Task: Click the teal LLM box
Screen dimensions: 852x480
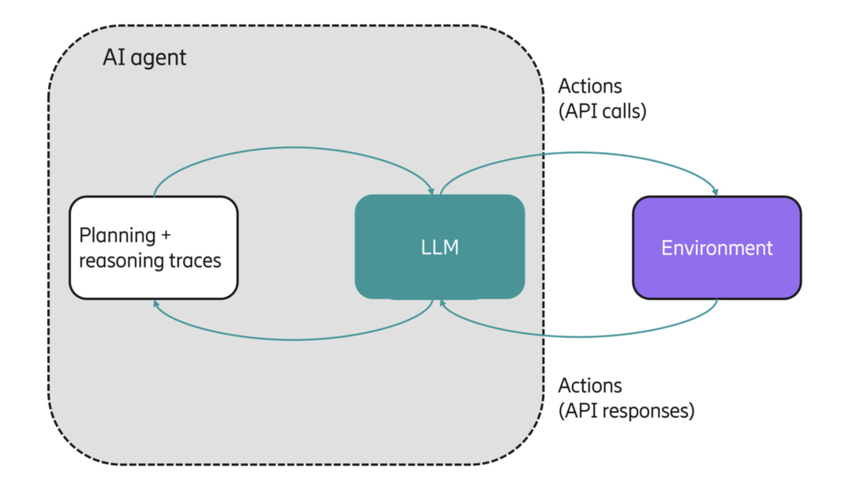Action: coord(439,247)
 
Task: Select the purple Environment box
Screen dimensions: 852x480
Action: coord(716,247)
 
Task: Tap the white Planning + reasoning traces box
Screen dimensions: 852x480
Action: coord(154,247)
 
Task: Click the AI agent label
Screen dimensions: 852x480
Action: coord(144,58)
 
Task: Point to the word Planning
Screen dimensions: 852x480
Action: coord(118,236)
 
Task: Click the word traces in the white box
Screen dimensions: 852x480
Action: coord(195,261)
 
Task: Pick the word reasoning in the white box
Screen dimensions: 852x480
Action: coord(121,261)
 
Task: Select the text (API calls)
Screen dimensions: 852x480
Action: coord(603,111)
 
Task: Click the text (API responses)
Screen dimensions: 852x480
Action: coord(626,411)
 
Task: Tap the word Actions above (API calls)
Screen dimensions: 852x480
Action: coord(590,86)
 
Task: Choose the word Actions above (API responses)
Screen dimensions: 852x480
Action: coord(590,385)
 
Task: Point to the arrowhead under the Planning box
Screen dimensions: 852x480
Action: coord(156,304)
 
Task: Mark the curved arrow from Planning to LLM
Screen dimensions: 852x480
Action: coord(293,148)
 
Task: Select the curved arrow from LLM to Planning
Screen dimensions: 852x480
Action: coord(293,339)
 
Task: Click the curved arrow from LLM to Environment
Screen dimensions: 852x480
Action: coord(579,152)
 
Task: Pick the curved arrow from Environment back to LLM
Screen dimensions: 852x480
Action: coord(579,336)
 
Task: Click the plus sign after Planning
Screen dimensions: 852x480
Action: coord(166,235)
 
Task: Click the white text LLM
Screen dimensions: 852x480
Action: coord(439,247)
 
